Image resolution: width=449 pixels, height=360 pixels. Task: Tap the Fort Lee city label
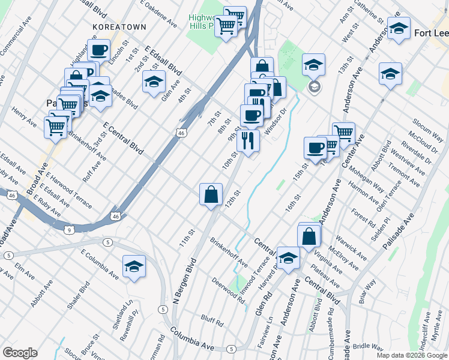click(431, 33)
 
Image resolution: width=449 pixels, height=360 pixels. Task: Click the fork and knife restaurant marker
click(248, 141)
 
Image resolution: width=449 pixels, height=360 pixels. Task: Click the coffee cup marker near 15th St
click(315, 148)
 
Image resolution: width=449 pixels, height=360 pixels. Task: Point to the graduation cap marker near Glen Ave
click(154, 82)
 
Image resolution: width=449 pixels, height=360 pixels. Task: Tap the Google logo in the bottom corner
click(19, 353)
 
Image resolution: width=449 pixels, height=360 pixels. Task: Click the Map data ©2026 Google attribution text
click(412, 355)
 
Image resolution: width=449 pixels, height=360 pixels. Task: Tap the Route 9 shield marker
click(70, 229)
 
